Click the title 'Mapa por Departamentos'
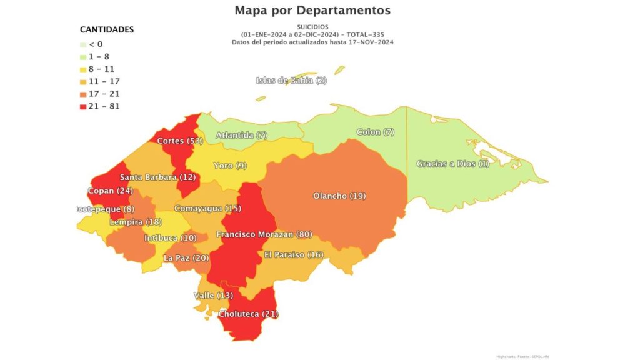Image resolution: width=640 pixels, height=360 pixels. [312, 11]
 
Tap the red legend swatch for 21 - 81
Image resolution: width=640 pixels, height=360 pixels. [84, 106]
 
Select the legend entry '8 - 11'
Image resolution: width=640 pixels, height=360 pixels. [101, 69]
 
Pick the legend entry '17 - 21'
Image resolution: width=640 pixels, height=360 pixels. [103, 94]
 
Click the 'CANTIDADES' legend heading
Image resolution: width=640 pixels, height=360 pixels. [107, 29]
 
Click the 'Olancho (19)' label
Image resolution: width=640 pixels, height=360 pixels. [339, 196]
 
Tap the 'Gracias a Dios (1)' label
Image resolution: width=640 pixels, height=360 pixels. [453, 164]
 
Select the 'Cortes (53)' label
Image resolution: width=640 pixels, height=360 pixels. [180, 141]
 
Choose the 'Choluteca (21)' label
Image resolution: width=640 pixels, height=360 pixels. [248, 314]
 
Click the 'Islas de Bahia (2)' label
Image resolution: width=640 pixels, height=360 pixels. [291, 80]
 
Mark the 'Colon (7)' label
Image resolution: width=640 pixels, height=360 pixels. [376, 132]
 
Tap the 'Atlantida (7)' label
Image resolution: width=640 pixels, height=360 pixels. [242, 135]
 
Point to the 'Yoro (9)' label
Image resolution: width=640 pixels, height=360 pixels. [230, 166]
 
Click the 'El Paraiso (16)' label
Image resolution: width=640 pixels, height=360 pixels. [294, 254]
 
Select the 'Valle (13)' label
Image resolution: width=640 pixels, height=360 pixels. [212, 295]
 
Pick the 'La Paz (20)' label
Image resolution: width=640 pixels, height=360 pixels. [186, 257]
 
